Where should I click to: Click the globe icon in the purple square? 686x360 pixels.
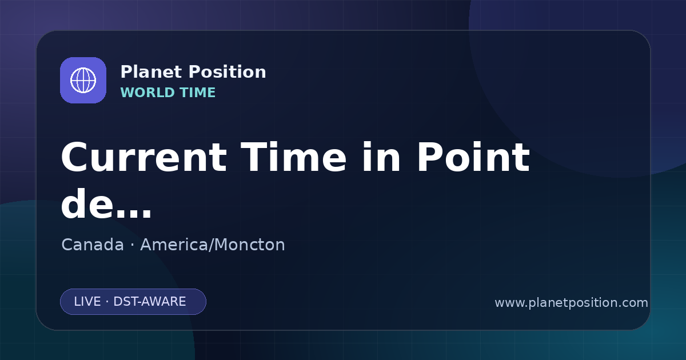[x=83, y=80]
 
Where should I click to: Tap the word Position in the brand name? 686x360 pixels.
[x=228, y=72]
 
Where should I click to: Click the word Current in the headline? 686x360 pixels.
[x=144, y=157]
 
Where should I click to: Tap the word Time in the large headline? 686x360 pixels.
[x=293, y=157]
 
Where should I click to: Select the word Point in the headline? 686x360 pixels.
[x=473, y=157]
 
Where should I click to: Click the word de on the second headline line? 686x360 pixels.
[x=86, y=203]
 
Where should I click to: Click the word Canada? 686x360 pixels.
[x=93, y=245]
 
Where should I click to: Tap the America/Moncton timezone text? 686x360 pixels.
[x=213, y=245]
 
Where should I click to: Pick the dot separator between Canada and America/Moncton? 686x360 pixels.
[x=132, y=245]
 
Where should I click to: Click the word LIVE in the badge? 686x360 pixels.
[x=87, y=302]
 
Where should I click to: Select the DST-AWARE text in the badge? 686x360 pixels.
[x=150, y=302]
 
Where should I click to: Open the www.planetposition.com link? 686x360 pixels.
[x=572, y=303]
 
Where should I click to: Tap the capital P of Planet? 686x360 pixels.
[x=126, y=72]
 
